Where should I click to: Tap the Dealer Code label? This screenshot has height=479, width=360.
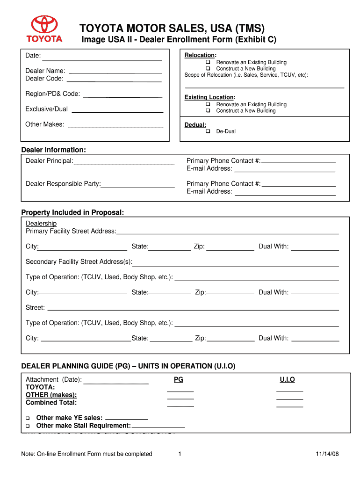(44, 79)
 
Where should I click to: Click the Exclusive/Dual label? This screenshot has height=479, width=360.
(46, 109)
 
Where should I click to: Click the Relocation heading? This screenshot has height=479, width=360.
(200, 55)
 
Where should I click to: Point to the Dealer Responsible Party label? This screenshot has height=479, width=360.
(63, 184)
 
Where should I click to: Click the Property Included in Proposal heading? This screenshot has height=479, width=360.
(72, 212)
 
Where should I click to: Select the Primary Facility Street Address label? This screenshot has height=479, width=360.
(71, 231)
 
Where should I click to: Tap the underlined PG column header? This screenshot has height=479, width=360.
(179, 380)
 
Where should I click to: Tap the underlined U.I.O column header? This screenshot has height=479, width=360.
(287, 380)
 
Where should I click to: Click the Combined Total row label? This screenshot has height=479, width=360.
(51, 402)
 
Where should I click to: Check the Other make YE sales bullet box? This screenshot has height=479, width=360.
(28, 418)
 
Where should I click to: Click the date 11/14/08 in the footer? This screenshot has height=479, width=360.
(327, 454)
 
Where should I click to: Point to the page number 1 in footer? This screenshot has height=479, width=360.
(180, 454)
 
